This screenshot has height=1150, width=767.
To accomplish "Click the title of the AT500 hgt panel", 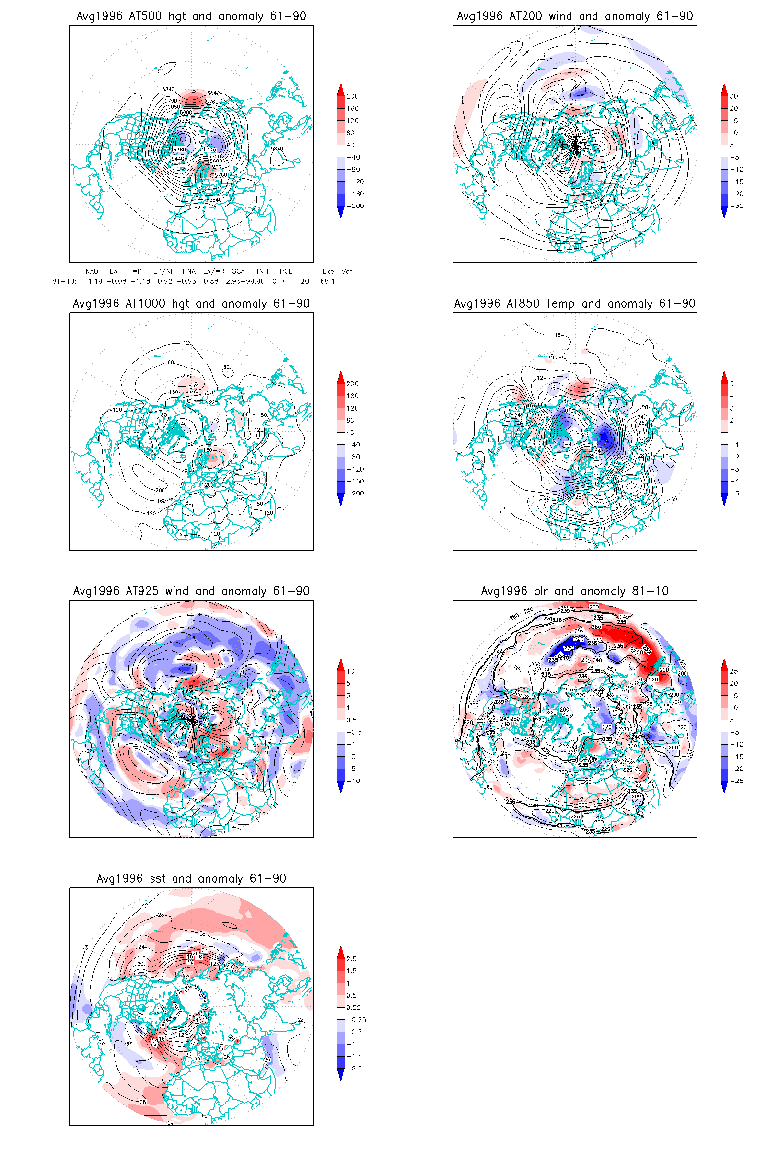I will point(191,16).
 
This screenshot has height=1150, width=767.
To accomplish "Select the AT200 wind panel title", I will point(575,16).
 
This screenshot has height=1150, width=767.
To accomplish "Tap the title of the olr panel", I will point(575,591).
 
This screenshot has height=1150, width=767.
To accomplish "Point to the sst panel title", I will point(191,879).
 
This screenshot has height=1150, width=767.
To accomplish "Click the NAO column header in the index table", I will point(92,271).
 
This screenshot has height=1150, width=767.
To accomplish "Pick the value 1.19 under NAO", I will point(95,281).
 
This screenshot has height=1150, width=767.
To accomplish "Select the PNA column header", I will point(189,271).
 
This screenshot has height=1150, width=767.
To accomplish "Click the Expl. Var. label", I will point(338,271).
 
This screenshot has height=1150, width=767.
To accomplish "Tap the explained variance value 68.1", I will point(328,281).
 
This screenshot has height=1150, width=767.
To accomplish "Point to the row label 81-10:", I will point(64,281).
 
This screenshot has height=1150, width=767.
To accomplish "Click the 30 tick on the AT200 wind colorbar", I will point(734,96).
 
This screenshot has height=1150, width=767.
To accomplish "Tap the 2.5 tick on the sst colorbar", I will point(351,959).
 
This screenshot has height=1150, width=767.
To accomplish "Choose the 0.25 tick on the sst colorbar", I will point(353,1008).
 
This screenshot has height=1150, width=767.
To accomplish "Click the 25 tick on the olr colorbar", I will point(734,671).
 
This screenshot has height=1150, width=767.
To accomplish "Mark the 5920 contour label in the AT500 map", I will point(197,208).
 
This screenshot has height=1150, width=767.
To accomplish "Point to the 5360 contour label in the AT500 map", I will point(179,149).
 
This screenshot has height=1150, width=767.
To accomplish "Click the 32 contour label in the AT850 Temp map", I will point(632,483).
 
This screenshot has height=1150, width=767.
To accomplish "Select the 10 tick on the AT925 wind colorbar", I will point(350,671).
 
